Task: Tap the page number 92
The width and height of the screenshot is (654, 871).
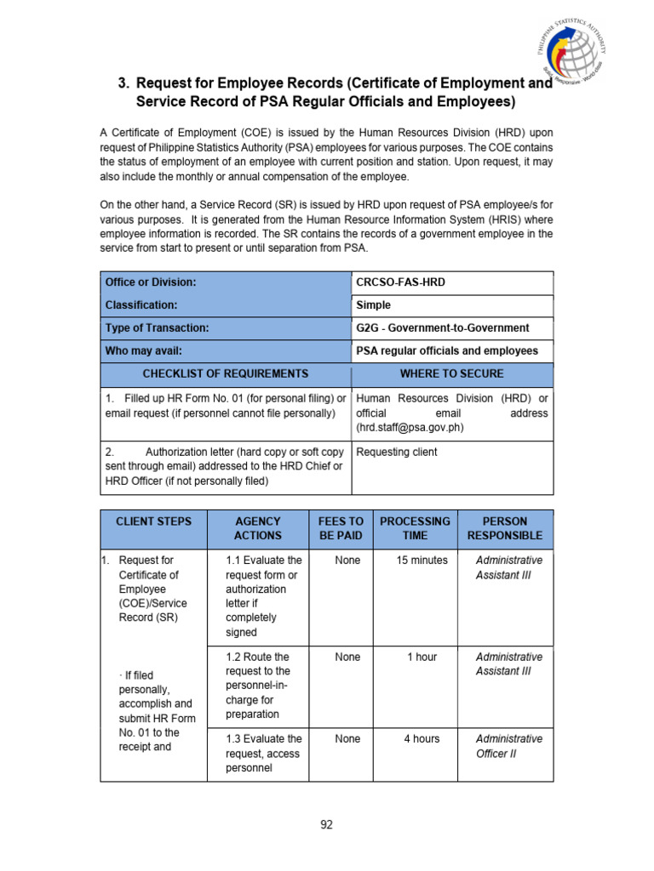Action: [326, 824]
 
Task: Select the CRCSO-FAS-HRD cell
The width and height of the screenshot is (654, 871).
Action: [400, 282]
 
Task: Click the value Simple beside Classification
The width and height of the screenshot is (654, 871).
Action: [374, 305]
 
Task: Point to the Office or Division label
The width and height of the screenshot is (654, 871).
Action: [151, 282]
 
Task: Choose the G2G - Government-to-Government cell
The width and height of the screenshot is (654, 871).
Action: [442, 327]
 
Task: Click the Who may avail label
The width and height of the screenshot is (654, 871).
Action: [143, 350]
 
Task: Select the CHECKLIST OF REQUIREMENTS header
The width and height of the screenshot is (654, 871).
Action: [226, 373]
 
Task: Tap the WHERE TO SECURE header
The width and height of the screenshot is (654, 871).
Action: [451, 373]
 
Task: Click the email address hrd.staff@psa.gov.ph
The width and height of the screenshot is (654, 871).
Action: [410, 428]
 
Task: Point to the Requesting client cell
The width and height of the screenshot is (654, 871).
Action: [396, 452]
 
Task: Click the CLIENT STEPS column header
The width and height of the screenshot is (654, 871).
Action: [154, 521]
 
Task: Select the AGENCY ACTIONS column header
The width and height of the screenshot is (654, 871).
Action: [257, 528]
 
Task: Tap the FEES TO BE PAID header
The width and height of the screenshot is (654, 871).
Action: [341, 528]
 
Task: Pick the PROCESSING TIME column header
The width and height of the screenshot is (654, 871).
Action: [415, 528]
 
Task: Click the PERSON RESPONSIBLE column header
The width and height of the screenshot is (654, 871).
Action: [505, 528]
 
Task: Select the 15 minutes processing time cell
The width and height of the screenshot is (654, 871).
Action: [422, 561]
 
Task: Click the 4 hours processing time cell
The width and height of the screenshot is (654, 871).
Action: [422, 739]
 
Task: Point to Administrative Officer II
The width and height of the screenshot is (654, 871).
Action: [508, 746]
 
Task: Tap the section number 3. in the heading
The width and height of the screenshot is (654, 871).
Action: [124, 83]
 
